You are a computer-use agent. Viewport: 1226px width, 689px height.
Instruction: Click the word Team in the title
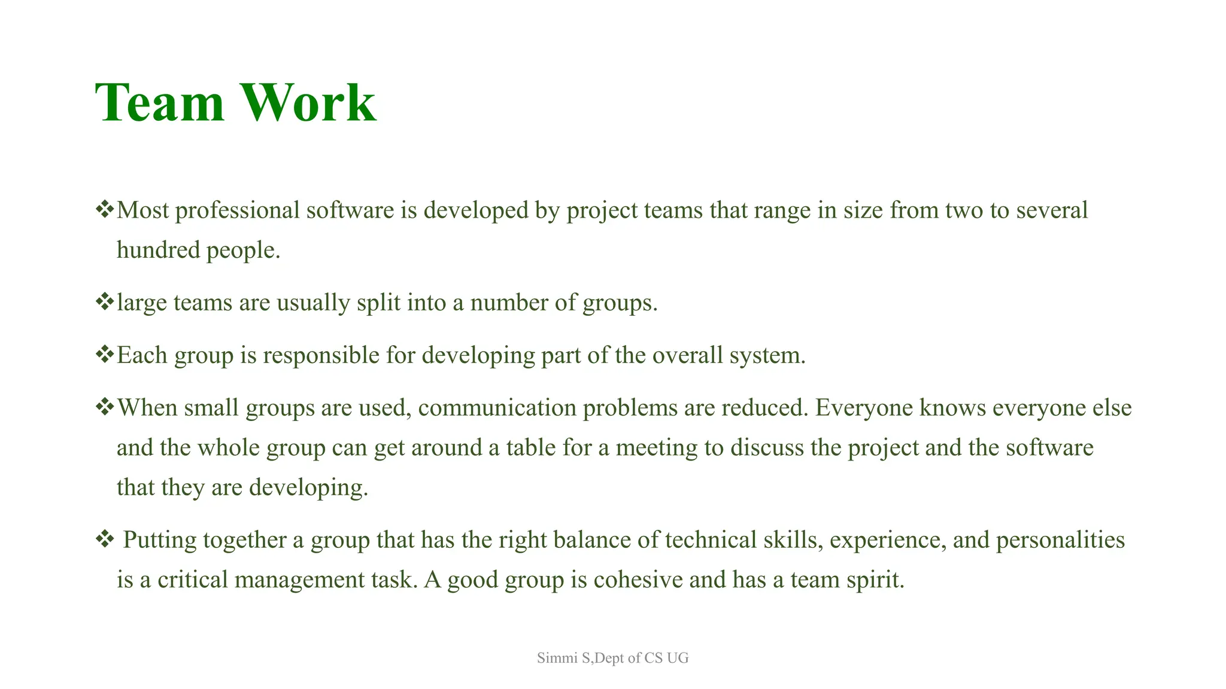(159, 103)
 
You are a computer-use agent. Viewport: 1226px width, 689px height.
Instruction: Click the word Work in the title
(308, 103)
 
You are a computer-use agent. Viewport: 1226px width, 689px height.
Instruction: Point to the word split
(378, 303)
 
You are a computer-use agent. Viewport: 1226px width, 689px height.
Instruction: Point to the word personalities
(1060, 540)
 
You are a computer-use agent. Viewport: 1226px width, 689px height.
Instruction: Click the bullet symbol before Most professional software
(104, 209)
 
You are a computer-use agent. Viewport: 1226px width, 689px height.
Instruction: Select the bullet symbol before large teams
(104, 301)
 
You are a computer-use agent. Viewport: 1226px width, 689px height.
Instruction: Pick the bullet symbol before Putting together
(104, 539)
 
